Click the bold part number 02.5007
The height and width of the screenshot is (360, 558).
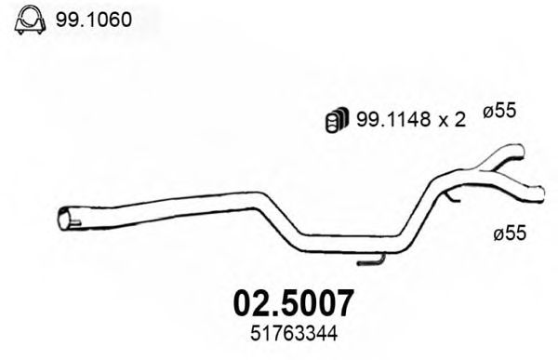pyautogui.click(x=291, y=303)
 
